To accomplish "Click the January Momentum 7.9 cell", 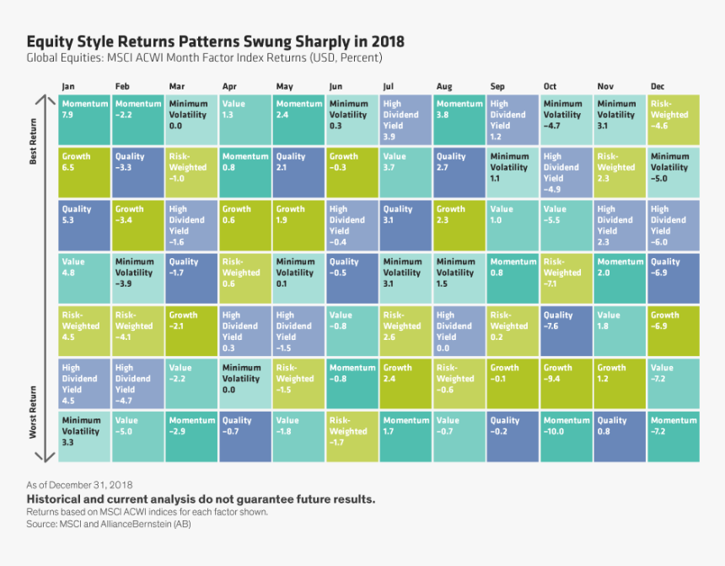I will point(84,120).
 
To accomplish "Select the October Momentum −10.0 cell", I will point(567,436).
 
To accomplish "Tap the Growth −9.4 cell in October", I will point(567,383).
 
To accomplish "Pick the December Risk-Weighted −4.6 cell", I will point(674,120).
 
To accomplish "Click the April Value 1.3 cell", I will point(245,120).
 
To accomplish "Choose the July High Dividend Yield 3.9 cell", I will point(405,120).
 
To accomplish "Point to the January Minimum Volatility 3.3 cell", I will point(84,436).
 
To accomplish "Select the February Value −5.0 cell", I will point(138,436).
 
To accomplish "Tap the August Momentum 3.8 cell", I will point(459,120).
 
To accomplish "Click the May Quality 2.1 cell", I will point(299,172).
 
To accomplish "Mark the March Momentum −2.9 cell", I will point(192,436).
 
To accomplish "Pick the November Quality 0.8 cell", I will point(620,436).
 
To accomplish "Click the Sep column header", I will point(497,87).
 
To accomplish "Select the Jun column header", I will point(336,87).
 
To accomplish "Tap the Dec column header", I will point(658,87).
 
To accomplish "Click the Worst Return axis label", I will point(34,412).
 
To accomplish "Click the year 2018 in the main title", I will point(386,41).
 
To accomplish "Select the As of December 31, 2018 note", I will point(79,485).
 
